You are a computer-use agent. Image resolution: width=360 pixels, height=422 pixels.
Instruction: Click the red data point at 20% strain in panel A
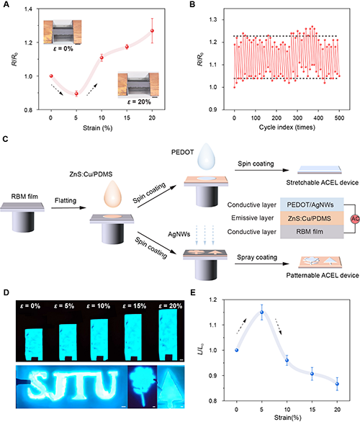tap(153, 31)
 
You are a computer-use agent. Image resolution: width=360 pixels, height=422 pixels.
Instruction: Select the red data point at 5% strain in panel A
tap(76, 94)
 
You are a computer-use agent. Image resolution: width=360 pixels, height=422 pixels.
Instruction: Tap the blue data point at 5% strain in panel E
tap(261, 313)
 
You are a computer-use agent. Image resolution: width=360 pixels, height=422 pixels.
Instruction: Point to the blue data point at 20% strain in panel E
tap(337, 384)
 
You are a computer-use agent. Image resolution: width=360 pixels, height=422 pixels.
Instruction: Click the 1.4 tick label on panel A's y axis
tap(28, 9)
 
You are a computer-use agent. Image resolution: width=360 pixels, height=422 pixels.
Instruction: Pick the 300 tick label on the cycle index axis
tap(297, 117)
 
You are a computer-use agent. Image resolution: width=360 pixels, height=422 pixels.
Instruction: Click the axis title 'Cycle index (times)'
tap(287, 127)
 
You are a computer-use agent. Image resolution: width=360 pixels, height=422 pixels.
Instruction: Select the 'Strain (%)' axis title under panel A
tap(97, 128)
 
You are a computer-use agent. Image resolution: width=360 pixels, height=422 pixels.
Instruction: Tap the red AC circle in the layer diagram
tap(355, 219)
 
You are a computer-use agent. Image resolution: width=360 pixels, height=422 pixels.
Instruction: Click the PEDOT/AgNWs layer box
tap(312, 205)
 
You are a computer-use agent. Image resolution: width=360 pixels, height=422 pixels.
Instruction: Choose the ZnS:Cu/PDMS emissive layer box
tap(312, 218)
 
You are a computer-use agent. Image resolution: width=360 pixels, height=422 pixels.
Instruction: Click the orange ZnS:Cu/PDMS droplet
tap(112, 194)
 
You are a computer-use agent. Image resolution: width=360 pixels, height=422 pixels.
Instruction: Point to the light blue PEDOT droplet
tap(206, 156)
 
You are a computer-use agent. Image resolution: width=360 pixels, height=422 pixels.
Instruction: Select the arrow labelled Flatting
tap(68, 208)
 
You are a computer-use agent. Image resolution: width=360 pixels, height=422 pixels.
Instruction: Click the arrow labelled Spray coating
tap(262, 264)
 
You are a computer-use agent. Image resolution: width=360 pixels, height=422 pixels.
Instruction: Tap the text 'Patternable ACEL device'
tap(323, 275)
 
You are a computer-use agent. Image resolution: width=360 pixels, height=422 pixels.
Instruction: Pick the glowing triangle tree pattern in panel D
tap(171, 387)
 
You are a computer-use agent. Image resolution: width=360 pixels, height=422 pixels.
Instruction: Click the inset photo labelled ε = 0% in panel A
tap(63, 32)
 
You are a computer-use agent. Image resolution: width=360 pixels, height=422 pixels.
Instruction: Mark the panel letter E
tap(193, 292)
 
